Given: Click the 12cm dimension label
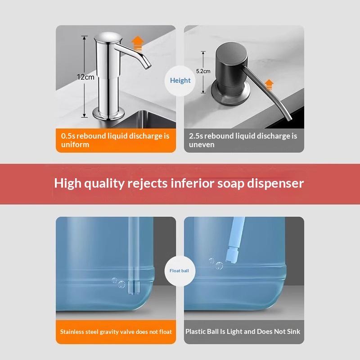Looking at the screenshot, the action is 85,77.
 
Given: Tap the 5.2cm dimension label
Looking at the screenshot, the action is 203,71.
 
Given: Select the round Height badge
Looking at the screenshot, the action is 180,81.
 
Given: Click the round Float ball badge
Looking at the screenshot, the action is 180,271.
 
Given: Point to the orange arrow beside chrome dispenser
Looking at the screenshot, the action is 138,44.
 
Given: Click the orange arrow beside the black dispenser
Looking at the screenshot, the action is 269,85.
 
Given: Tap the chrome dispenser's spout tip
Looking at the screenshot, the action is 148,66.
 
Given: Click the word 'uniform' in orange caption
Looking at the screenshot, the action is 75,144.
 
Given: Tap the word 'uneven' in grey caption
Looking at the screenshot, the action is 202,144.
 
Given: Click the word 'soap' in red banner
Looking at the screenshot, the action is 231,184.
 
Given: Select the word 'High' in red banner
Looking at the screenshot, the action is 67,183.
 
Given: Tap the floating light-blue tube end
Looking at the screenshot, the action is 232,255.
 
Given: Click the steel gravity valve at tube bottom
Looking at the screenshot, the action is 134,288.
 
